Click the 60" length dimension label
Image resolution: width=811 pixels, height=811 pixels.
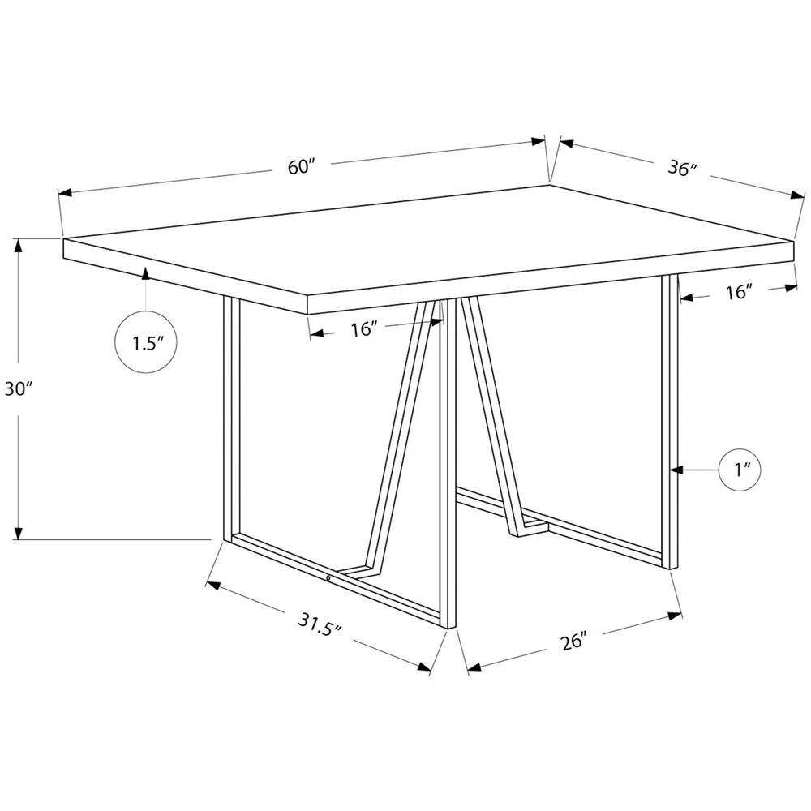point(300,167)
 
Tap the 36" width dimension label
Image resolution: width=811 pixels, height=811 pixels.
point(683,169)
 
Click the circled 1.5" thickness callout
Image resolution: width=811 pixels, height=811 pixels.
point(145,342)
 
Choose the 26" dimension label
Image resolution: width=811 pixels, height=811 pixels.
point(573,641)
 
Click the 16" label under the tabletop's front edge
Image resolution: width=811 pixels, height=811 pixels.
point(364,328)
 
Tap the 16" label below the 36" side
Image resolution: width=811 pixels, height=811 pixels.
point(739,292)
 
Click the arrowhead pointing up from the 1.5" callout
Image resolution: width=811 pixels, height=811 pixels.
point(145,274)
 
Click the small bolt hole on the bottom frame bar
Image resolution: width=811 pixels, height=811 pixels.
point(327,578)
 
